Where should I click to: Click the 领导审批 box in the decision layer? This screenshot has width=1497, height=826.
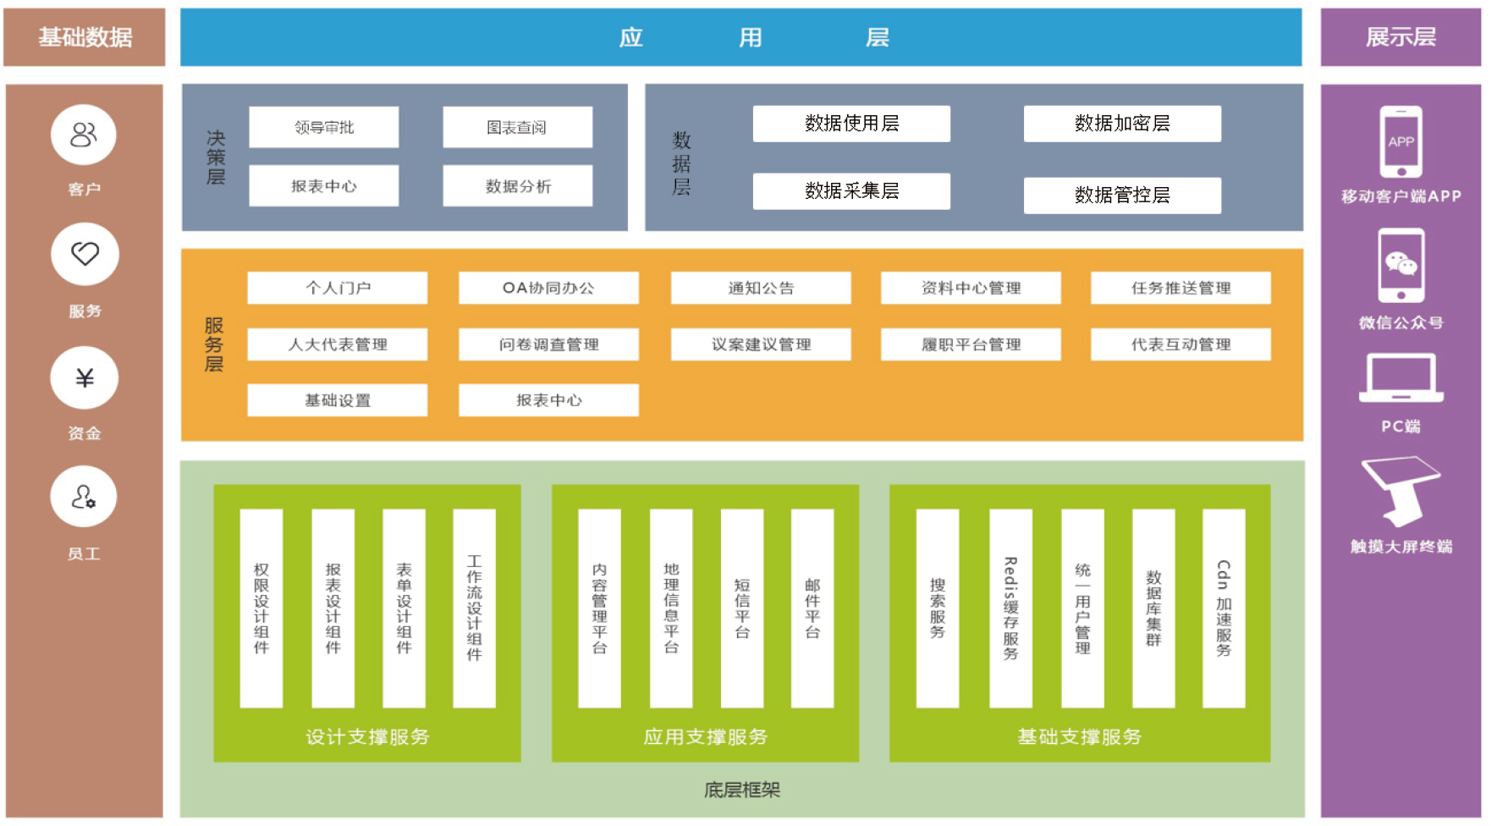pos(323,127)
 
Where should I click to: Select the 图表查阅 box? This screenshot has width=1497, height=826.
pos(517,127)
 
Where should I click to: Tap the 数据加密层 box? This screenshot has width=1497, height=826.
pos(1121,124)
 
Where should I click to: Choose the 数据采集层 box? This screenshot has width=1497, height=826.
pos(851,191)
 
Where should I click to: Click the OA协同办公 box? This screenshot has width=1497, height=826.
pos(548,288)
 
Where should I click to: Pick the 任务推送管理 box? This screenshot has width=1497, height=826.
pos(1181,288)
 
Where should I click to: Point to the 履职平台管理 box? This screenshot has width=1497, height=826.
pos(971,344)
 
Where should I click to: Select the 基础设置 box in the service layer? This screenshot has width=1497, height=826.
pos(337,400)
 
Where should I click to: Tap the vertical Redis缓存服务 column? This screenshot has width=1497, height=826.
pos(1010,608)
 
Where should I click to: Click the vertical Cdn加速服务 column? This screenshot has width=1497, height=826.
pos(1224,608)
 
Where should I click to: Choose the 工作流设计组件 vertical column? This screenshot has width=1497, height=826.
pos(474,608)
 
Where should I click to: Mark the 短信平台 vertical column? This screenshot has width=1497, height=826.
pos(741,608)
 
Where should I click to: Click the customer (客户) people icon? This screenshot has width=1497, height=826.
pos(84,135)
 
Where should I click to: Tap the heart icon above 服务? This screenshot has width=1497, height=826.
pos(85,254)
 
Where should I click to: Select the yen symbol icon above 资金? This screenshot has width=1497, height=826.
pos(85,377)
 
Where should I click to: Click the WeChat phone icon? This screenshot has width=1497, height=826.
pos(1401,266)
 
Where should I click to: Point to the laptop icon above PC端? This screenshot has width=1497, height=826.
pos(1401,377)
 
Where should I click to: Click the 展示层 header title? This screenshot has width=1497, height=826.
pos(1401,37)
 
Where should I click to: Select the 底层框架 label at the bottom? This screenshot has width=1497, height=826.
pos(742,790)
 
